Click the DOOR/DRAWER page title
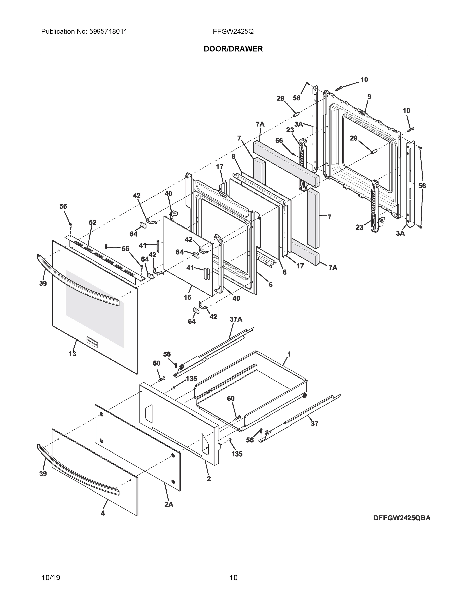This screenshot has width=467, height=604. pos(233,49)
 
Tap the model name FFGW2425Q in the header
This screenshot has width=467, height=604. pos(233,32)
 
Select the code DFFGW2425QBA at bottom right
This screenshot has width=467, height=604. pos(402,518)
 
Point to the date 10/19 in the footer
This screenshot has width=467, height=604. pos(51,578)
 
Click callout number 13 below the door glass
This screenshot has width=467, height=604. pos(72,354)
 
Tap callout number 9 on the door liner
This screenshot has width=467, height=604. pos(369,97)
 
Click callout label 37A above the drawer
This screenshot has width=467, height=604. pos(236,319)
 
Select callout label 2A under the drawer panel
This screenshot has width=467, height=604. pos(169,504)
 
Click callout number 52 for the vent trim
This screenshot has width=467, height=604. pos(92,222)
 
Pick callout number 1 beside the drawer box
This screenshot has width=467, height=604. pos(289,354)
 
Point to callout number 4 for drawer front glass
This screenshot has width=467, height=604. pos(103,513)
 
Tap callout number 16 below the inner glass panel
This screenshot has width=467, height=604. pos(187,297)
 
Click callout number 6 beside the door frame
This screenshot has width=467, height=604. pos(270,284)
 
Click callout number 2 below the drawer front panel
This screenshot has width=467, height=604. pos(209,478)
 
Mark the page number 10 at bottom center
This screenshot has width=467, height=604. pos(233,578)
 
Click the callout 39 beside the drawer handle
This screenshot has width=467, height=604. pos(43,474)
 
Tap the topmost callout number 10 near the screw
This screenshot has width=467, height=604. pos(364,80)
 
